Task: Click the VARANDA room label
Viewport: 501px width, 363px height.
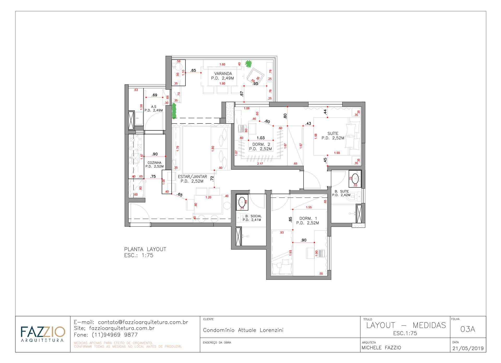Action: tap(223, 74)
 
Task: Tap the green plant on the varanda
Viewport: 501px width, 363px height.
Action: tap(248, 64)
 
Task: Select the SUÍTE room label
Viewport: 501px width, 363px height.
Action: tap(333, 133)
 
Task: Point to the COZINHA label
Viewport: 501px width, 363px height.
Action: tap(154, 163)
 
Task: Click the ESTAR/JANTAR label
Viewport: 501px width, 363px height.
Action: tap(192, 177)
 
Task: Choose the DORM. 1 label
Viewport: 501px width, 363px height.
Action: tap(308, 218)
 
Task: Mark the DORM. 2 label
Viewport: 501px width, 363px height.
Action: tap(261, 144)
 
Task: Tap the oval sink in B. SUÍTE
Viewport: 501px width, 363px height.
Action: tap(355, 179)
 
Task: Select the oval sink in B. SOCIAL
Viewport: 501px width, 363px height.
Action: tap(242, 202)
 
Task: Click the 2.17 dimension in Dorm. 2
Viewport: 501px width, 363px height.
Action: tap(260, 164)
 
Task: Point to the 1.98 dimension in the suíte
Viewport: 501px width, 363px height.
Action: tap(337, 153)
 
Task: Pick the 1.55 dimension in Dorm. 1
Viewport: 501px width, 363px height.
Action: tap(309, 207)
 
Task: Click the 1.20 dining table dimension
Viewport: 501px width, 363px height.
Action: tap(208, 197)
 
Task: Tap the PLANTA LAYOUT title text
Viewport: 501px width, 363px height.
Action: tap(145, 249)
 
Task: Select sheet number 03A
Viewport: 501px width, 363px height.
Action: tap(468, 329)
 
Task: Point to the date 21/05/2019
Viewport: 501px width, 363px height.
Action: tap(468, 348)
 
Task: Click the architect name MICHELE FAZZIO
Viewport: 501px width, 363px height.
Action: tap(381, 348)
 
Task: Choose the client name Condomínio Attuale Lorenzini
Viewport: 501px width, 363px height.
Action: tap(243, 330)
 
